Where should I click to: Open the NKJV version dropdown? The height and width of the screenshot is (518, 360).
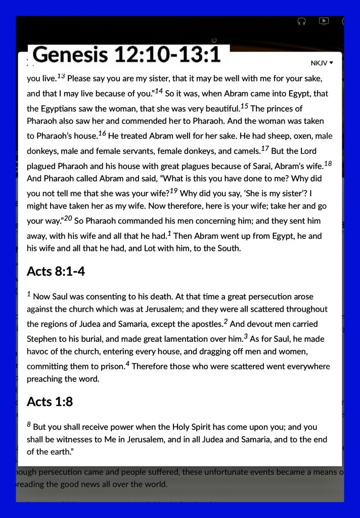tap(322, 63)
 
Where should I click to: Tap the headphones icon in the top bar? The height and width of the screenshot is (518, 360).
tap(302, 21)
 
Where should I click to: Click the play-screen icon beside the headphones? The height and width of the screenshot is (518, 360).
tap(324, 21)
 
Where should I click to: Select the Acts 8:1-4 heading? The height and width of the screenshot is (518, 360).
tap(56, 272)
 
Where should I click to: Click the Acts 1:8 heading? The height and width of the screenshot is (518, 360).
tap(50, 402)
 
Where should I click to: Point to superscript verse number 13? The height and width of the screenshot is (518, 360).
tap(61, 76)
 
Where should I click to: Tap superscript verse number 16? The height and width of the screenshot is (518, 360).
tap(102, 134)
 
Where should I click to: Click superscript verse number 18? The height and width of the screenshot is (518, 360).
tap(328, 163)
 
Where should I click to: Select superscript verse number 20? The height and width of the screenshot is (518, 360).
tap(68, 219)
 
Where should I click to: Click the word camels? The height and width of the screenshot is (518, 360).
tap(245, 151)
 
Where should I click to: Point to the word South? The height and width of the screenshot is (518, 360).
tap(229, 248)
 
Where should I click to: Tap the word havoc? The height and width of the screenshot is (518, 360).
tap(38, 352)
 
